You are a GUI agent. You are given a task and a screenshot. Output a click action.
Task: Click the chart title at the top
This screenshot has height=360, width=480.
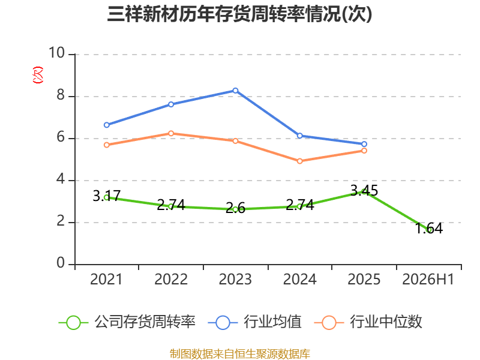pos(239,14)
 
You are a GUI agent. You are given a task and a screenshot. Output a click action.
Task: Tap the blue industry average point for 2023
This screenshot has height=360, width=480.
pos(235,91)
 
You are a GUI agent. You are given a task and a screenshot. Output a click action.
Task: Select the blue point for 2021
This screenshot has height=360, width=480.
pos(107,125)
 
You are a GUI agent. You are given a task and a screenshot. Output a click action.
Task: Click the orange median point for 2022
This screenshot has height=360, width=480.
pos(171,133)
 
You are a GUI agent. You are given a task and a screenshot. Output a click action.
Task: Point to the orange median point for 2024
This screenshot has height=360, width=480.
pos(299,161)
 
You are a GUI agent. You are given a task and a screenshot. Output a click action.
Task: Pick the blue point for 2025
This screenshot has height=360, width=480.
pos(364,144)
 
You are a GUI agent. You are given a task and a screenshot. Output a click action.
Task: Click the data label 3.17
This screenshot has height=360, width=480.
pos(107,196)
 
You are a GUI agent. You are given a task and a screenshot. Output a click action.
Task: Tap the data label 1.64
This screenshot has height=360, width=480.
pos(428,229)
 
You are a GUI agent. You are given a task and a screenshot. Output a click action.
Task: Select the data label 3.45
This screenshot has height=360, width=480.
pos(364,191)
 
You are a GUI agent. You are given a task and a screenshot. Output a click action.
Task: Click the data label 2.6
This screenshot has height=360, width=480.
pos(235,208)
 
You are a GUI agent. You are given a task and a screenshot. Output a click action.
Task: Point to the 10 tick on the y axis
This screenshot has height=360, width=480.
pos(57,53)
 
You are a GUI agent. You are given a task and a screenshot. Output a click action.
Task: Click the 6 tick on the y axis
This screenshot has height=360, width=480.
pos(61,137)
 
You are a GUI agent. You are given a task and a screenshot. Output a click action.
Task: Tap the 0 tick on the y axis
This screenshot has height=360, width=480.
pos(61,263)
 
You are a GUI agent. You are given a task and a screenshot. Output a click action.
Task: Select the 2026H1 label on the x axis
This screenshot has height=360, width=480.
pos(428,280)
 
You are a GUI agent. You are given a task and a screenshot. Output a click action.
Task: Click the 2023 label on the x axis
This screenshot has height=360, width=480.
pos(235,280)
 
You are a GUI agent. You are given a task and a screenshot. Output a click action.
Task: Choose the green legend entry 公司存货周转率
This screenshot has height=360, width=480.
pos(127,322)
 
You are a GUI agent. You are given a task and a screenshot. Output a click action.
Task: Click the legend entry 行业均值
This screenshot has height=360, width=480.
pos(254,322)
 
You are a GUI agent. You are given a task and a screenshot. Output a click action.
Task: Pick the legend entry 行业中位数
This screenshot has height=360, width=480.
pos(368,322)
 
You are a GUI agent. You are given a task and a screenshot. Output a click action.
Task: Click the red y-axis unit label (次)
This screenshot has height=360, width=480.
pos(38,75)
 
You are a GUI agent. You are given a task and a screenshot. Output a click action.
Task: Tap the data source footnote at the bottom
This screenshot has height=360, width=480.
pos(240,354)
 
